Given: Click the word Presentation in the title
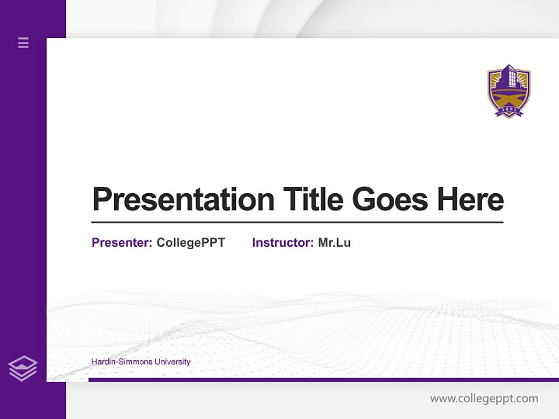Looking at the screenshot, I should (183, 200).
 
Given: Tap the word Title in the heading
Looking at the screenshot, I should (313, 200).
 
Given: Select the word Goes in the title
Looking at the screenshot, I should (390, 200).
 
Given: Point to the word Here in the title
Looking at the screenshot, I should (470, 200).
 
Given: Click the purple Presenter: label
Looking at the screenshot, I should (122, 243).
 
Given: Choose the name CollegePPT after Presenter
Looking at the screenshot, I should (190, 243).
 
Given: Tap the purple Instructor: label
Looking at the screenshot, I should (282, 243).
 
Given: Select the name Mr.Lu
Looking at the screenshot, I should (334, 243).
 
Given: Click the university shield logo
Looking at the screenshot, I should (509, 91).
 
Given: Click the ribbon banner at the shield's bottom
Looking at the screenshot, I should (509, 112).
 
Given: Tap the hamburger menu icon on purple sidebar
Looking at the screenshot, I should (23, 42).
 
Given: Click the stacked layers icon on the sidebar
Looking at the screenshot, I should (23, 368).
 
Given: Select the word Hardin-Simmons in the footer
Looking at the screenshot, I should (121, 362).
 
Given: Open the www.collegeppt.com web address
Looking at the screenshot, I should (484, 399).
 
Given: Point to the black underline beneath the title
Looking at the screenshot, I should (297, 222).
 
